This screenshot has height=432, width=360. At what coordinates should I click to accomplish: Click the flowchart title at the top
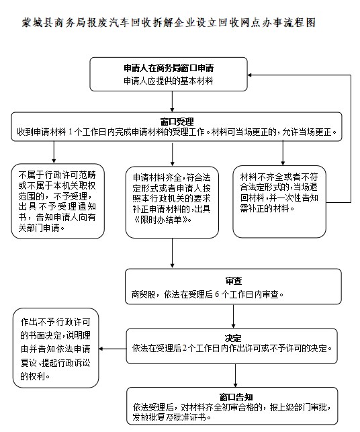tap(169, 23)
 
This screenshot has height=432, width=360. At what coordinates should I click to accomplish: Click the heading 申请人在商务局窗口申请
tap(169, 68)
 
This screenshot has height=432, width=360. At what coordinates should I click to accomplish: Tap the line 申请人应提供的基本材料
tap(169, 81)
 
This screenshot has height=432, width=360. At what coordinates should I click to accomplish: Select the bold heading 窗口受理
tap(177, 122)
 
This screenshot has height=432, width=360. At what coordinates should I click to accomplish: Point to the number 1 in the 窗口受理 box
tap(71, 132)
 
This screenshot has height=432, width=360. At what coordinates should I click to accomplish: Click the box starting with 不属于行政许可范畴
tap(58, 201)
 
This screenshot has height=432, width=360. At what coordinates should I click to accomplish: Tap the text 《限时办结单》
tap(163, 220)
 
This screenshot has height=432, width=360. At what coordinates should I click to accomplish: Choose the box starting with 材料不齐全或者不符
tap(279, 202)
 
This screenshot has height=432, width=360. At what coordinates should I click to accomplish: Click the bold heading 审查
tap(233, 281)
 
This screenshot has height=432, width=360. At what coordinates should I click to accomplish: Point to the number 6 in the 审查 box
tap(217, 294)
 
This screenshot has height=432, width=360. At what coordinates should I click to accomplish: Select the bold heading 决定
tap(233, 339)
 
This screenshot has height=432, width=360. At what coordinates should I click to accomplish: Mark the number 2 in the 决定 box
tap(185, 348)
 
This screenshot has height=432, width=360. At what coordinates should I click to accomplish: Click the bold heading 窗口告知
tap(236, 397)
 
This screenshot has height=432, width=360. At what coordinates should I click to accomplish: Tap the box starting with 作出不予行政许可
tap(56, 348)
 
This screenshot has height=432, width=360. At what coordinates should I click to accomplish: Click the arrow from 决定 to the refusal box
tap(112, 349)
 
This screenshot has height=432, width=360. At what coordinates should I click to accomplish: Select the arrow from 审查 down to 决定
tap(233, 316)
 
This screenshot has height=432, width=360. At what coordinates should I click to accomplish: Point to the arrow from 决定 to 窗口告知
tap(235, 376)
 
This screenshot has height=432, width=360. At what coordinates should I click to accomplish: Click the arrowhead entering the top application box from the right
tap(250, 75)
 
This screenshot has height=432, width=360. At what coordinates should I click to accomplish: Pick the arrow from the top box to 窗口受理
tap(172, 101)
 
